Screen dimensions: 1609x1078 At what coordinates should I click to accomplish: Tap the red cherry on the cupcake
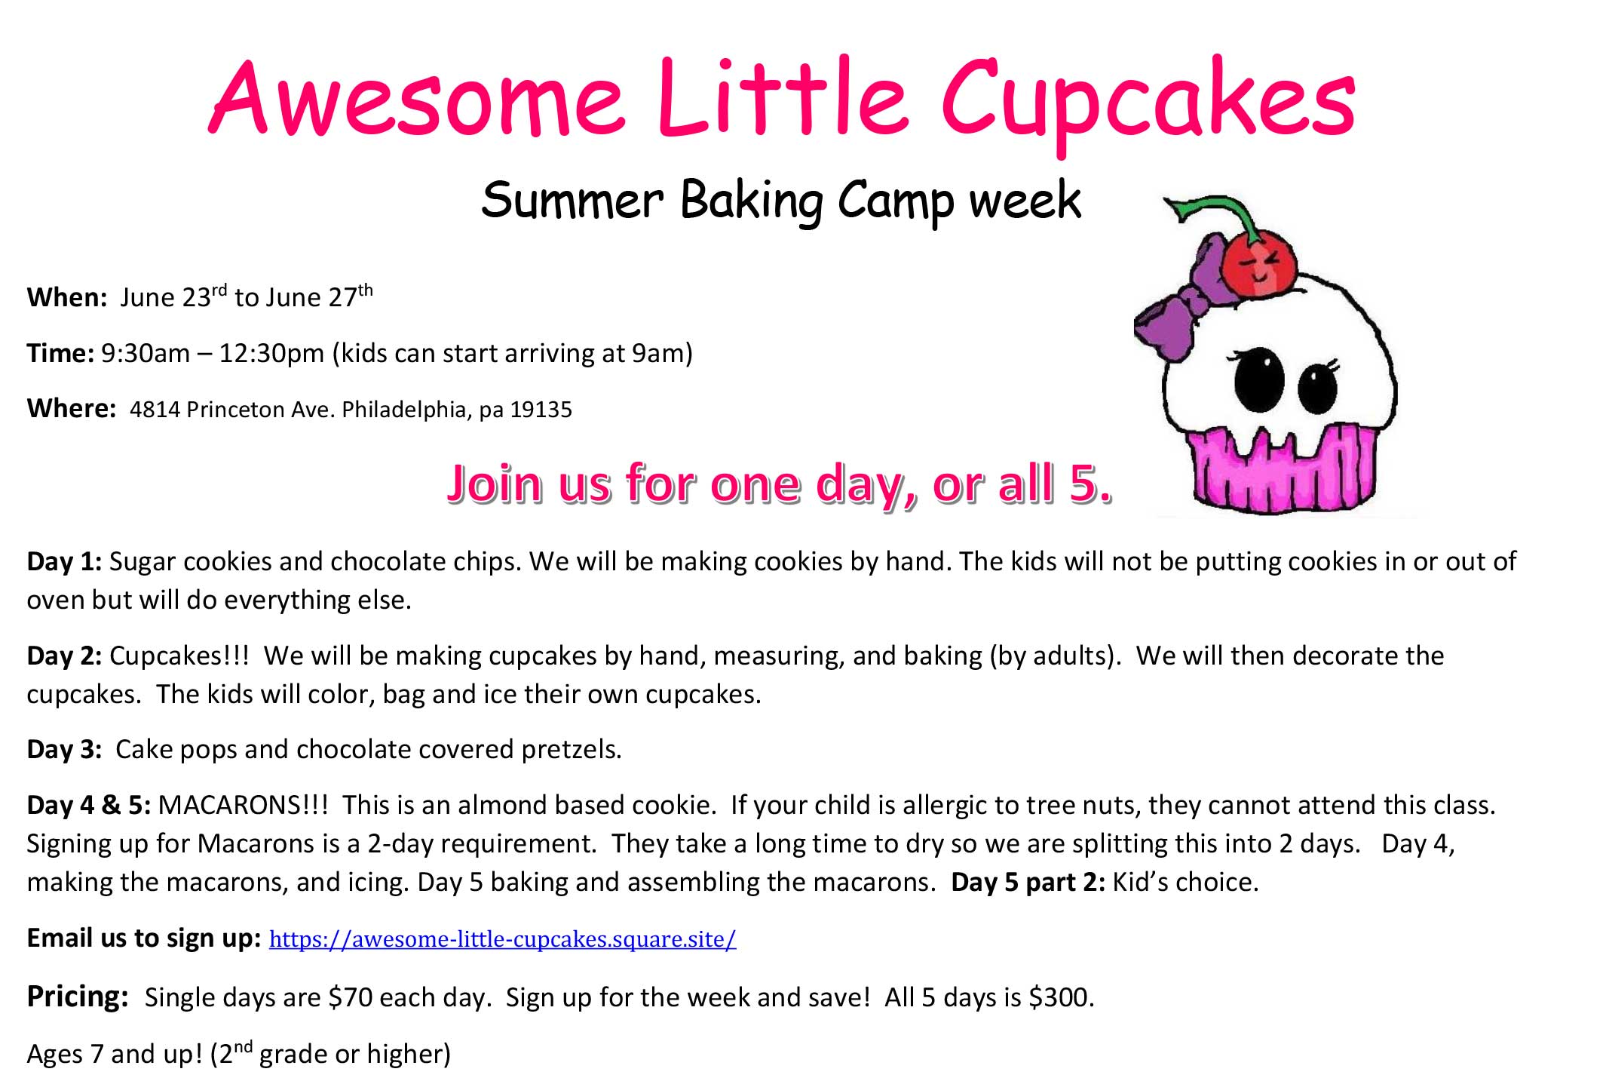tap(1257, 266)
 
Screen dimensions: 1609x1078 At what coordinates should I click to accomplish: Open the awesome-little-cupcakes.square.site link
tap(502, 939)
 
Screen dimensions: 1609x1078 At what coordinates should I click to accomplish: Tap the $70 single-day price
tap(351, 997)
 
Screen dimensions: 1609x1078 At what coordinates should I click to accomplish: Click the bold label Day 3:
tap(64, 749)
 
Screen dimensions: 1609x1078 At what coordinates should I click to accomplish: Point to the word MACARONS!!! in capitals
tap(244, 805)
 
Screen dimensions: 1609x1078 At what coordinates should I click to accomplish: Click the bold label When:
tap(67, 297)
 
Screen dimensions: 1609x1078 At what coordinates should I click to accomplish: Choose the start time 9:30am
tap(146, 353)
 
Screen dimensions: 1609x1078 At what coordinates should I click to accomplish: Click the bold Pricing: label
tap(78, 997)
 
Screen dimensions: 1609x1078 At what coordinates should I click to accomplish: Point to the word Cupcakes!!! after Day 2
tap(179, 656)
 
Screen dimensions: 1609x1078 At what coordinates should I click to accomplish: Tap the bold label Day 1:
tap(64, 561)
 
